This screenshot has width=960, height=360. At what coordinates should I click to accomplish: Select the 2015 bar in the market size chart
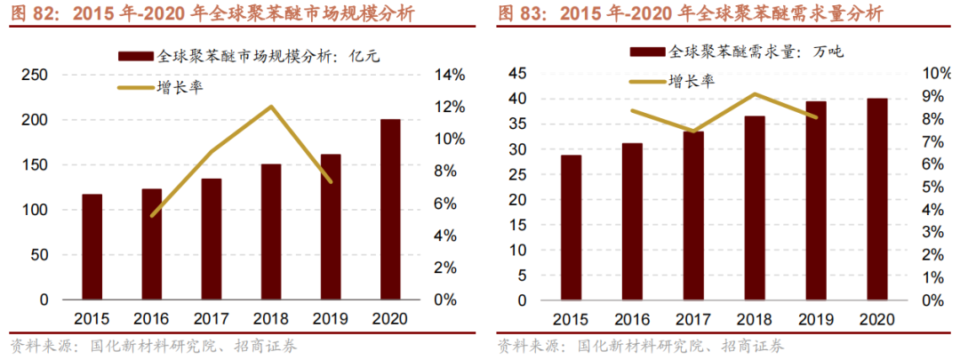92,247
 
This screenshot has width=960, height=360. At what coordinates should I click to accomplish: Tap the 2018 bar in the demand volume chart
754,208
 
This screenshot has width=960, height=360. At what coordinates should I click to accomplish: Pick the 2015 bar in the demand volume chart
572,228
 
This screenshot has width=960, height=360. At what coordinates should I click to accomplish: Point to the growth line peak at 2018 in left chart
270,107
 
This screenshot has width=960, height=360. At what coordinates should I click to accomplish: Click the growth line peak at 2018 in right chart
754,93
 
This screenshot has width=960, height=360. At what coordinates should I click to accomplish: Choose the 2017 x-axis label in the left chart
211,319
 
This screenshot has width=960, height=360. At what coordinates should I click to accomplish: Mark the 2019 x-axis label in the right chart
815,319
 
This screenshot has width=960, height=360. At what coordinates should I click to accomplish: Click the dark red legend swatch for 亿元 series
135,56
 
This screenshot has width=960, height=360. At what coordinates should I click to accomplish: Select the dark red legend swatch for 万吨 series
646,52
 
